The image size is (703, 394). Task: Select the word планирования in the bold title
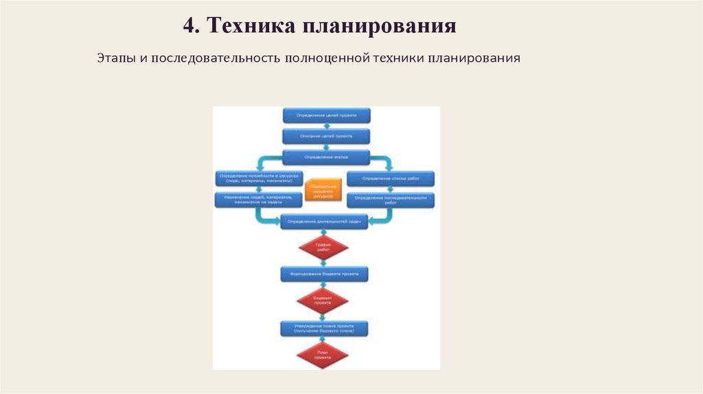(x=378, y=27)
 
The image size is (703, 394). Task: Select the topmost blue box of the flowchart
(x=326, y=115)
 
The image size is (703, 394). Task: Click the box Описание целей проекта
(x=326, y=136)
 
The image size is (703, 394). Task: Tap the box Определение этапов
(x=326, y=157)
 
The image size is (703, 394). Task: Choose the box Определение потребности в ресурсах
(x=257, y=178)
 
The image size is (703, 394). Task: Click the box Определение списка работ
(x=391, y=178)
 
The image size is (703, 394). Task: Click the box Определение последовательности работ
(x=391, y=200)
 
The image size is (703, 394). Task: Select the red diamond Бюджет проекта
(x=323, y=300)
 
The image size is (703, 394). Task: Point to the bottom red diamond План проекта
(x=323, y=354)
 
